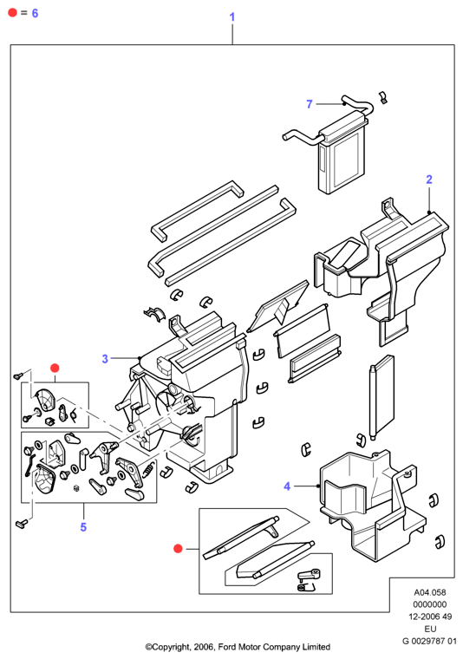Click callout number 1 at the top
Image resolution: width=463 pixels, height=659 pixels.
pos(231,17)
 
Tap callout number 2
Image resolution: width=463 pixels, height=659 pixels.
pos(429,179)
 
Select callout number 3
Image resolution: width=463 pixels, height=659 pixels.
pos(105,359)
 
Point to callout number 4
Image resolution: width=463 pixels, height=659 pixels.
pos(287,486)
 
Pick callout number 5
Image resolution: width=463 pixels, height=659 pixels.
pos(83,527)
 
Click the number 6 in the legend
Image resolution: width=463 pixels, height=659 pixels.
pos(35,14)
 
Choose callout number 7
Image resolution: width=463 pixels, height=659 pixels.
pos(310,104)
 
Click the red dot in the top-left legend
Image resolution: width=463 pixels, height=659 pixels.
pos(12,13)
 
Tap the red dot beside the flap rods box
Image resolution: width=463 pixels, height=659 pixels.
pos(178,549)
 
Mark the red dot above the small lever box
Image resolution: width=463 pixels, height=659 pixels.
pos(55,369)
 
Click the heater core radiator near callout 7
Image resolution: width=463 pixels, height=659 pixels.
pos(342,153)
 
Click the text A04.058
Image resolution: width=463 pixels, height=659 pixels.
pos(430,592)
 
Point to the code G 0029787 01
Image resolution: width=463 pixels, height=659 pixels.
pos(429,641)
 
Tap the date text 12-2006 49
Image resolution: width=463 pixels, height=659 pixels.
pos(430,617)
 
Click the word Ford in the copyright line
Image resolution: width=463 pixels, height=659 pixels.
pos(227,647)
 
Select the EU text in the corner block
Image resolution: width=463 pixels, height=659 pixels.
pos(430,629)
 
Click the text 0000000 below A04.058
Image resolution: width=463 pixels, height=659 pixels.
pos(430,604)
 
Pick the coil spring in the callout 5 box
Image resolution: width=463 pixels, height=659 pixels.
pos(148,469)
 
